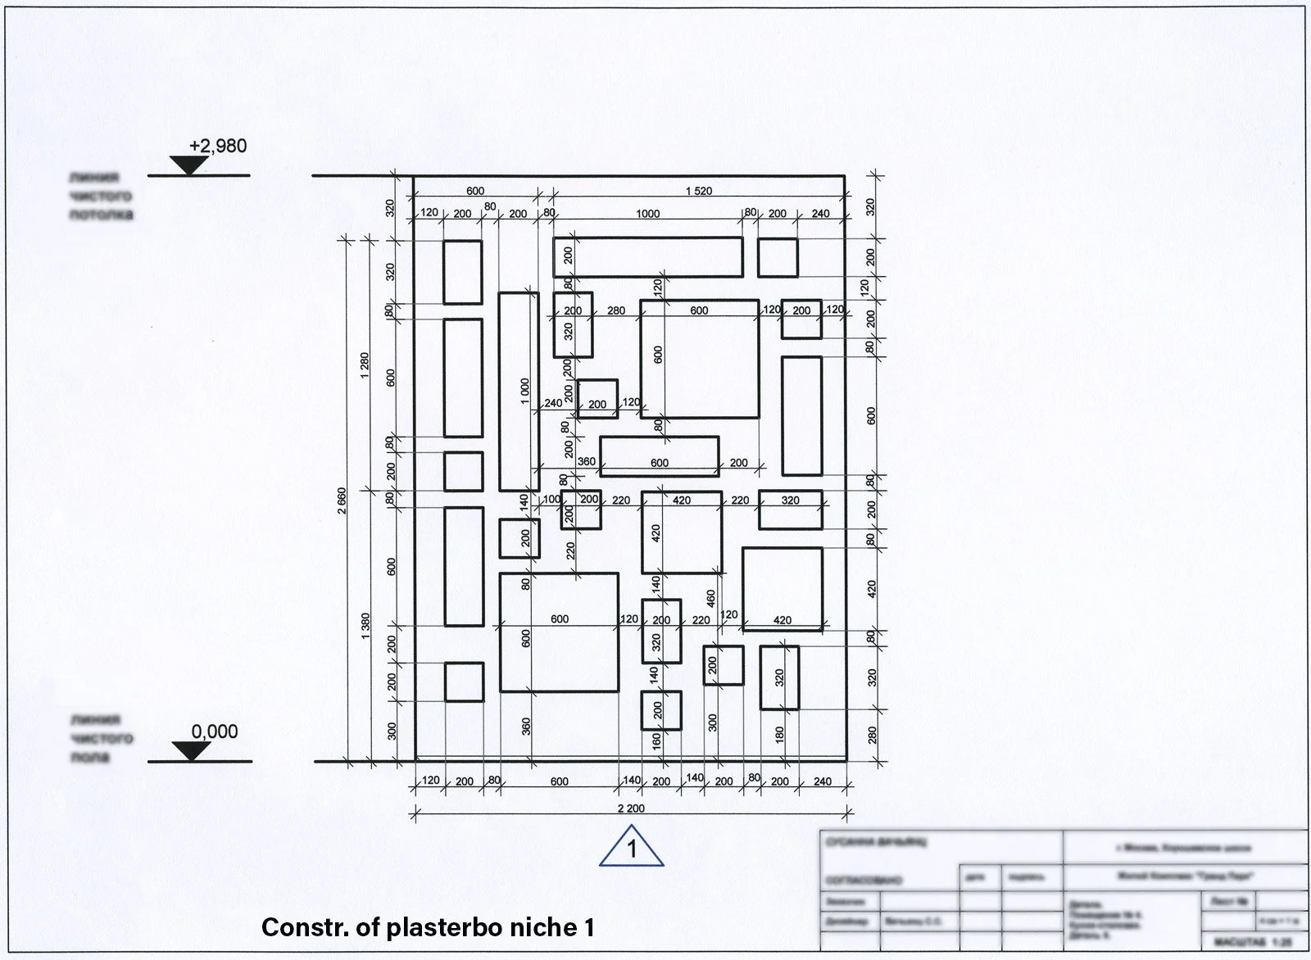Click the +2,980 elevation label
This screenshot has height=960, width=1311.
click(217, 147)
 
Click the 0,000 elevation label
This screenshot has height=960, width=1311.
click(215, 731)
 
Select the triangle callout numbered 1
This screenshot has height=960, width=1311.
click(631, 848)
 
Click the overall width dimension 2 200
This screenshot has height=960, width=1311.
click(631, 808)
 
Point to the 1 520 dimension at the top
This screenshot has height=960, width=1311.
click(698, 191)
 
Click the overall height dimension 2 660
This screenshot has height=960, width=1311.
click(342, 500)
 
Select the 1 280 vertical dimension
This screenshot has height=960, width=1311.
click(365, 365)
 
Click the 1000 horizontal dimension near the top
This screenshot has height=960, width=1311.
click(647, 214)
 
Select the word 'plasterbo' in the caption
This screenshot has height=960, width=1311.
click(434, 928)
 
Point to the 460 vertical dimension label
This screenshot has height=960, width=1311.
click(711, 599)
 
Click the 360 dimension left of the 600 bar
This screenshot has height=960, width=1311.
click(587, 462)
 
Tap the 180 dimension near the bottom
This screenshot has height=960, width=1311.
click(779, 734)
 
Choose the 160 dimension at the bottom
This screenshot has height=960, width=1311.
click(657, 741)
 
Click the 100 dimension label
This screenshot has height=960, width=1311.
click(551, 500)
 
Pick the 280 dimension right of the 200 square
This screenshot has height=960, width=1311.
click(615, 311)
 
